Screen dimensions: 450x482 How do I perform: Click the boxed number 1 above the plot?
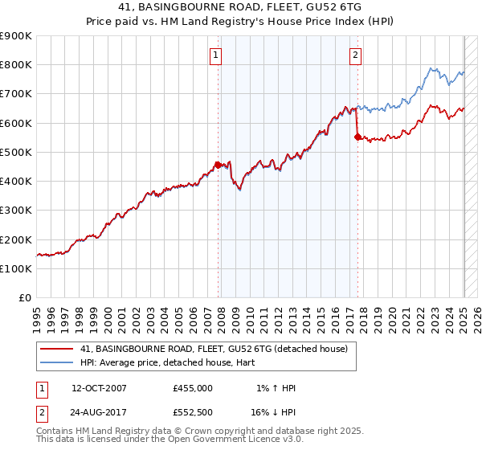pos(218,55)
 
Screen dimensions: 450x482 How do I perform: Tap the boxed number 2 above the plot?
pos(355,55)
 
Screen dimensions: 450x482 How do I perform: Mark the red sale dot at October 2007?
pos(218,166)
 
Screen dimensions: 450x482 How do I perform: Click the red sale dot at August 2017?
pos(357,137)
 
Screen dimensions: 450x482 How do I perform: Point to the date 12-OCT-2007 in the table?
pos(100,388)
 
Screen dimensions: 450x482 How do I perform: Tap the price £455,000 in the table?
pos(193,388)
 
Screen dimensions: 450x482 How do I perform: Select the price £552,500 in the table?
pos(193,412)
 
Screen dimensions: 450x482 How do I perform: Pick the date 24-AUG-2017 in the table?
pos(100,412)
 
